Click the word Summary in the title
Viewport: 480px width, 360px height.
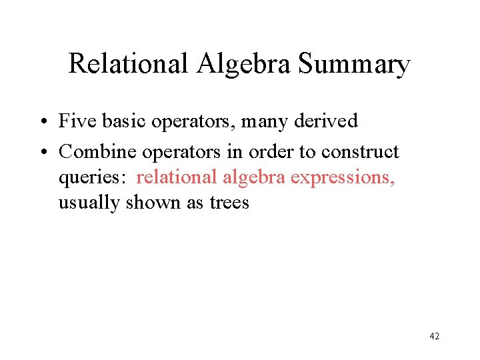pyautogui.click(x=354, y=65)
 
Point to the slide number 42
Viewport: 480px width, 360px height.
pyautogui.click(x=434, y=337)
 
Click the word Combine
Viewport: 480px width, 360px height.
pyautogui.click(x=97, y=152)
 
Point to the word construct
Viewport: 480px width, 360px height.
pyautogui.click(x=360, y=152)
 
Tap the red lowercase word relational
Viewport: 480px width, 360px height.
pyautogui.click(x=177, y=177)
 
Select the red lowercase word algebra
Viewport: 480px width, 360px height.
pyautogui.click(x=254, y=177)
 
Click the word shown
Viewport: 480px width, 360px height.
pyautogui.click(x=150, y=202)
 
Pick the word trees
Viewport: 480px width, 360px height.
pyautogui.click(x=229, y=203)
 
